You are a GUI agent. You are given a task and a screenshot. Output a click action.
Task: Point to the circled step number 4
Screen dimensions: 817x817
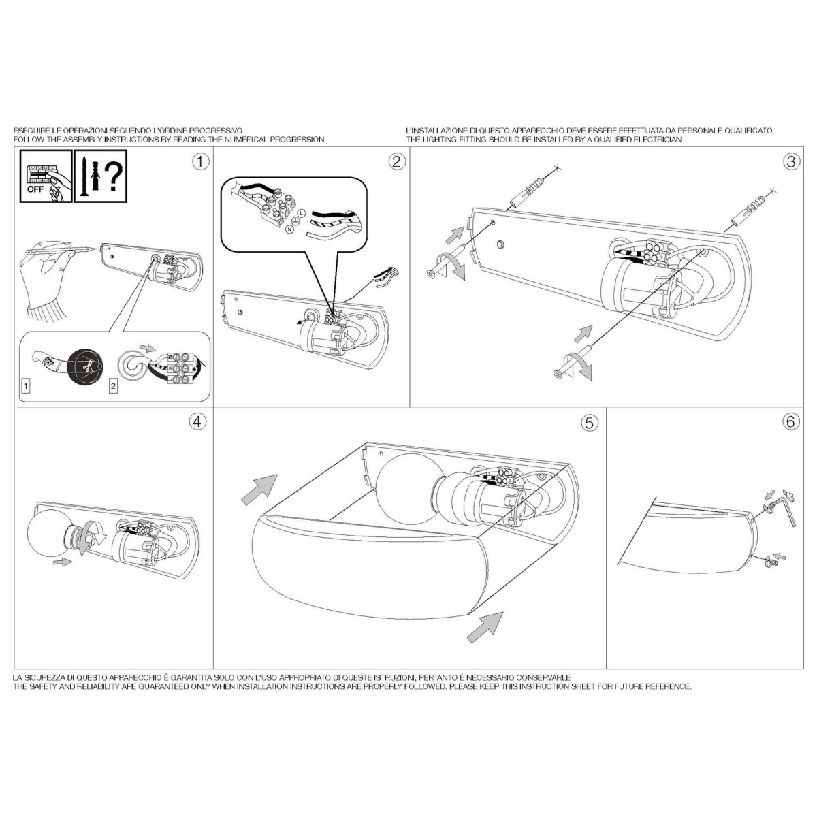tap(197, 421)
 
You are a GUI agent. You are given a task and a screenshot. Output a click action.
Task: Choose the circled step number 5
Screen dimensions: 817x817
tap(590, 423)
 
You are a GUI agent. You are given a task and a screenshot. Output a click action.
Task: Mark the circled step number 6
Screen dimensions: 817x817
tap(791, 422)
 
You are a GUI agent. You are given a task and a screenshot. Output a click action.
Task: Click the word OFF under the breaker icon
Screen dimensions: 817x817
tap(35, 189)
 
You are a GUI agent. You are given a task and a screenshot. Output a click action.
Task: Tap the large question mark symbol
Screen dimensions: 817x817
tap(114, 178)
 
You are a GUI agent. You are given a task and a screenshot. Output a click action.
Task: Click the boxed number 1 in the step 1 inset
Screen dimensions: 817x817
tap(27, 386)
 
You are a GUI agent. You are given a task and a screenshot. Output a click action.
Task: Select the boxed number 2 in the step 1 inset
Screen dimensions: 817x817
tap(113, 386)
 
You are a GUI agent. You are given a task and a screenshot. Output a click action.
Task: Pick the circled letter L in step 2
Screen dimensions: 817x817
tap(301, 212)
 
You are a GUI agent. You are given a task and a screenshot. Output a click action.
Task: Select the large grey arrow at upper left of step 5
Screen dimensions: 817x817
tap(259, 490)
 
